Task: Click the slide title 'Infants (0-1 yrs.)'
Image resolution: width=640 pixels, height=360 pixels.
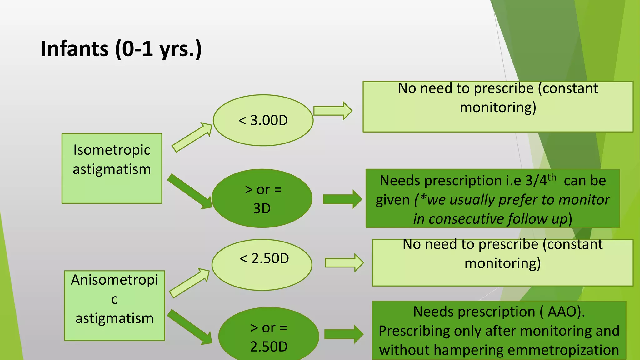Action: coord(121,49)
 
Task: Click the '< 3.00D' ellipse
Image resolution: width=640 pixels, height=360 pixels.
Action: coord(263,120)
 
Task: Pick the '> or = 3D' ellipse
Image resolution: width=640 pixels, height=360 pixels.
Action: coord(262,198)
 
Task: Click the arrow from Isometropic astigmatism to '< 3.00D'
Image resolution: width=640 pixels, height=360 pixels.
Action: coord(191,137)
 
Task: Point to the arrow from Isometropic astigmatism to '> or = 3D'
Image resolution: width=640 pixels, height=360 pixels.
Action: coord(189,191)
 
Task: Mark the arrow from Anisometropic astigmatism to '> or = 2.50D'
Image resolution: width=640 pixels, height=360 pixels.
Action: coord(189,327)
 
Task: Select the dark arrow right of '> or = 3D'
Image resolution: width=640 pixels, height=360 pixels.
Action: coord(342,199)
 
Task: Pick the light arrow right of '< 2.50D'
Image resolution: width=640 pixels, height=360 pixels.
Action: coord(344,263)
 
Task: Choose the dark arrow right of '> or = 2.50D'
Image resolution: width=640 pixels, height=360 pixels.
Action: coord(344,334)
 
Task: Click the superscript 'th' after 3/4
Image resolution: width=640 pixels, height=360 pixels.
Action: coord(552,177)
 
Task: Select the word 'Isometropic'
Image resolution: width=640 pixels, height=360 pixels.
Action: coord(112,150)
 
